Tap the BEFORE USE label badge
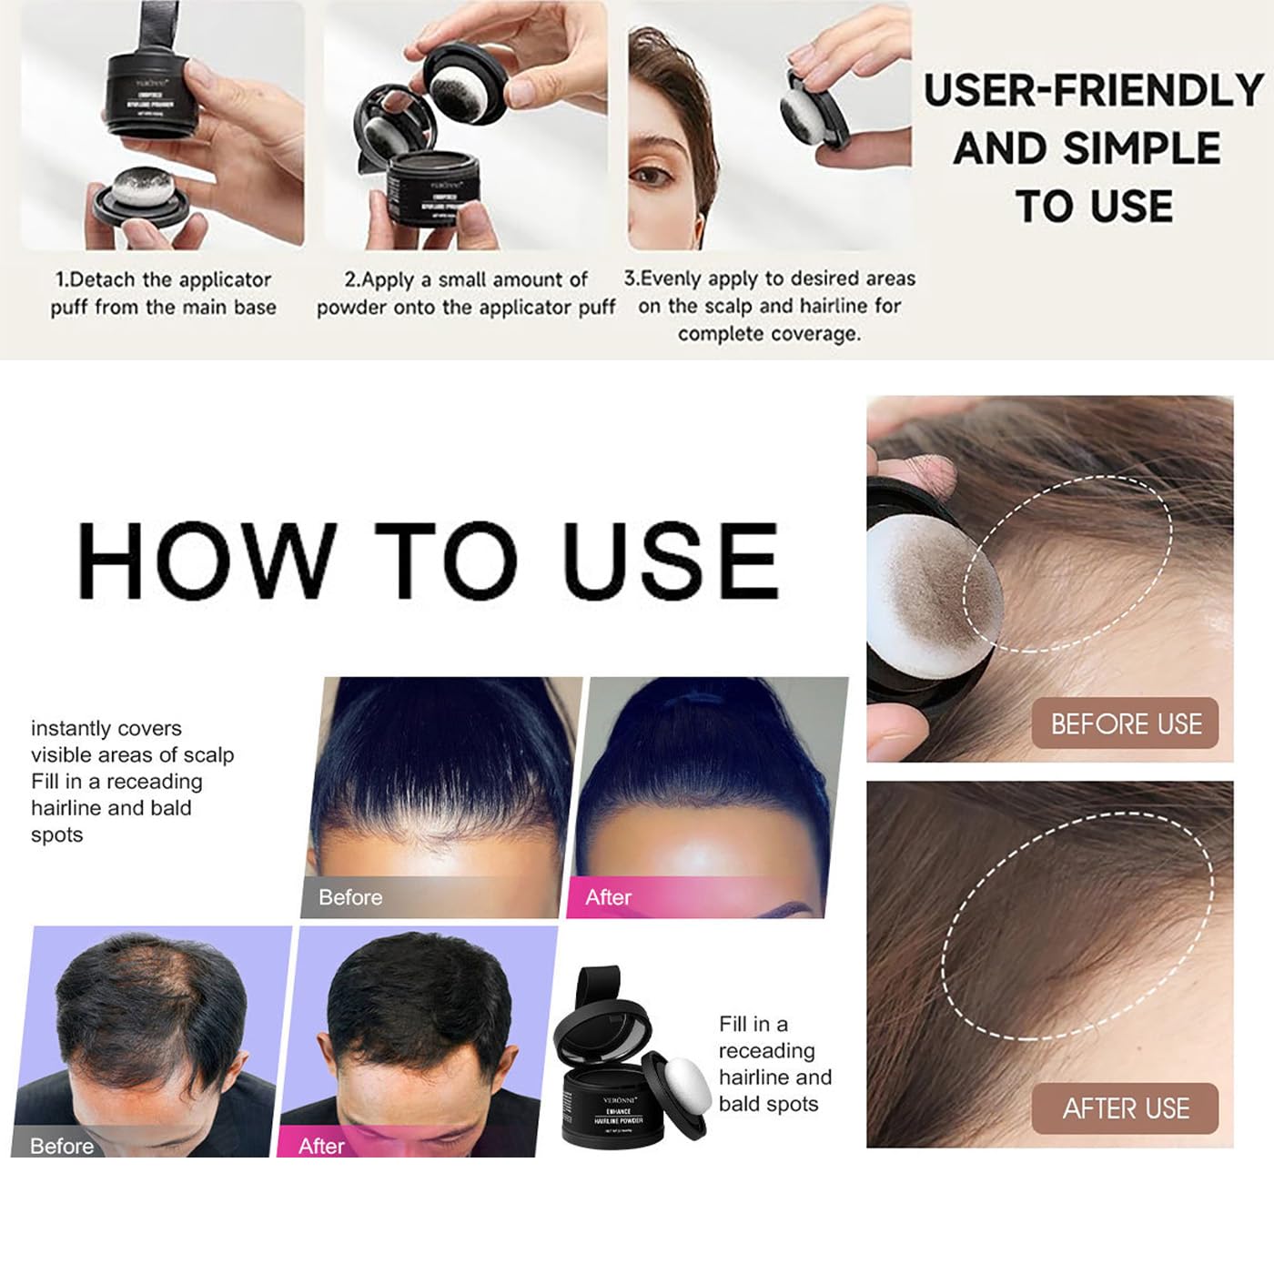pos(1125,723)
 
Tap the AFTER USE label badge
pos(1125,1108)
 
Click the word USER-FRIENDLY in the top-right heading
pos(1093,90)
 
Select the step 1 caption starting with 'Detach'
pos(163,293)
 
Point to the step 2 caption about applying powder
pos(466,293)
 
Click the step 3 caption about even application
pos(770,306)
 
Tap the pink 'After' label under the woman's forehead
pos(608,897)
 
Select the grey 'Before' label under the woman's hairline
pos(350,897)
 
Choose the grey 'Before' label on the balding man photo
pos(61,1145)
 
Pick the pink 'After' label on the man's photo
pos(321,1145)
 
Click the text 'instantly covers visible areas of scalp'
pos(132,742)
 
